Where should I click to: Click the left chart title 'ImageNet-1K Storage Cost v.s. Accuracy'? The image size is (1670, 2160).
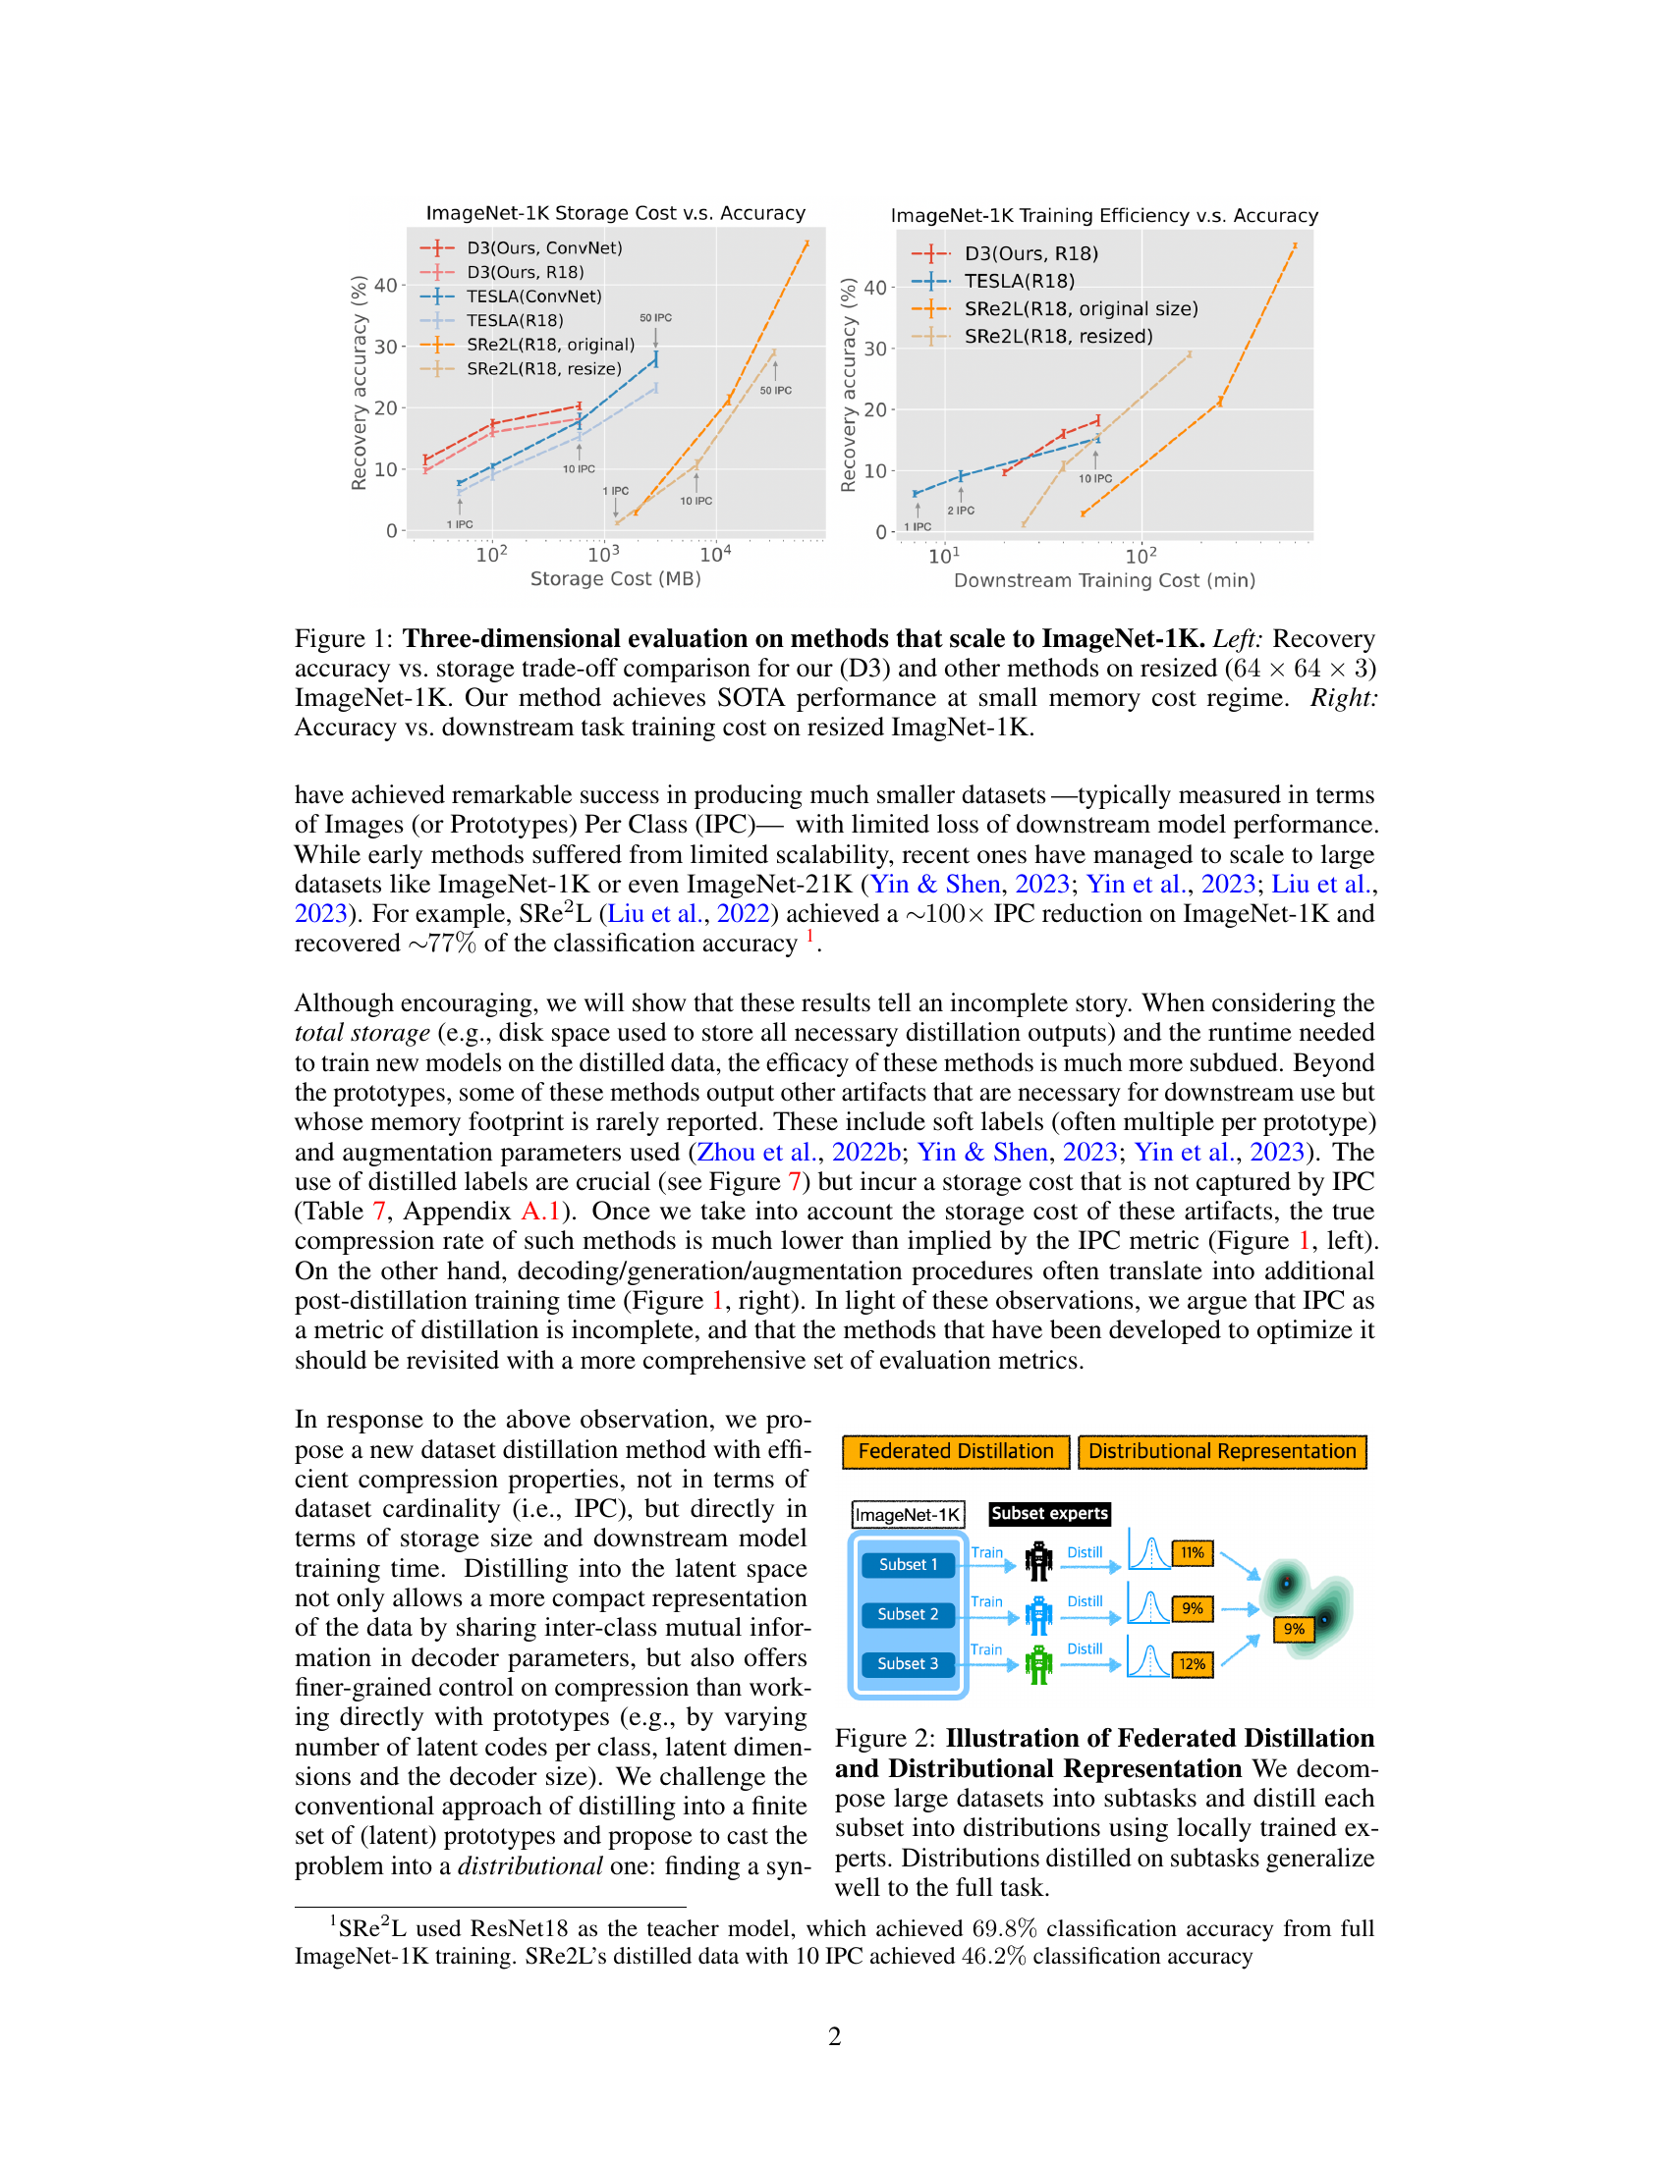(615, 213)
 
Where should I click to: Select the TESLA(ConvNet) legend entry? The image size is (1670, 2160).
(533, 296)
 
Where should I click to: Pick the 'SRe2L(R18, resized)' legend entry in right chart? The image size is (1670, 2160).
(1058, 336)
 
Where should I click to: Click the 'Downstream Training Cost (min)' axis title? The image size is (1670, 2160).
(1104, 580)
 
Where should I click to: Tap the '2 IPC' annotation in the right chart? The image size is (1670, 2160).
(961, 511)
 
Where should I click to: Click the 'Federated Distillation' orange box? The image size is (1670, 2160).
(956, 1451)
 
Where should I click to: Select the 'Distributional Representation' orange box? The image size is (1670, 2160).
(1222, 1451)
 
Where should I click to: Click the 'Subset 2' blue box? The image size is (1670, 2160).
(908, 1613)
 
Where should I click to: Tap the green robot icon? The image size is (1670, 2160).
(1037, 1664)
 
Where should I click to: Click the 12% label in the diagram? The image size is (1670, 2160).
(1193, 1663)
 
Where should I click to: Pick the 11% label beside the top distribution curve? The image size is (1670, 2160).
(1193, 1553)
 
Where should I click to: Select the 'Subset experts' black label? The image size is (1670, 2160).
(1050, 1513)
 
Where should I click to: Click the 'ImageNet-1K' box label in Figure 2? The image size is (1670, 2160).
(908, 1514)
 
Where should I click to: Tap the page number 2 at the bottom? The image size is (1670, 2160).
(834, 2036)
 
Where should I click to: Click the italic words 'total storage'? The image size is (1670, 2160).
(362, 1033)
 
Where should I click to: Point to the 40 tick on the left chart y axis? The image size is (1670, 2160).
(385, 286)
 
